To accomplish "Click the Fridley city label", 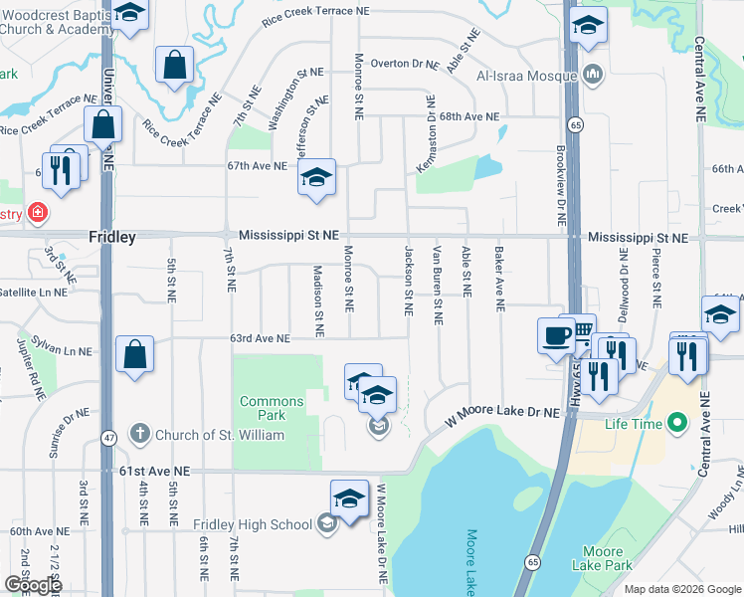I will click(111, 238).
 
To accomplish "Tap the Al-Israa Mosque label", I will click(527, 76).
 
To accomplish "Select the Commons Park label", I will click(271, 408).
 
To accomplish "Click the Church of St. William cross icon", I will click(139, 434).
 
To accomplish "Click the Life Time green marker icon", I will click(678, 424).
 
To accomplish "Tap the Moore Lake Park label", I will click(603, 558).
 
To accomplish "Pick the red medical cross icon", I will click(38, 213).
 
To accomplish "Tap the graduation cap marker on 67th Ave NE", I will click(316, 179).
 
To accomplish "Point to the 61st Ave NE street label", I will click(141, 471).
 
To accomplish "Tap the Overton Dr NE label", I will click(404, 64).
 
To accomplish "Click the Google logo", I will click(33, 585).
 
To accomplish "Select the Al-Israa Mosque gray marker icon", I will click(594, 75).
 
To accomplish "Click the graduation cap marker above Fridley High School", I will click(349, 498).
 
